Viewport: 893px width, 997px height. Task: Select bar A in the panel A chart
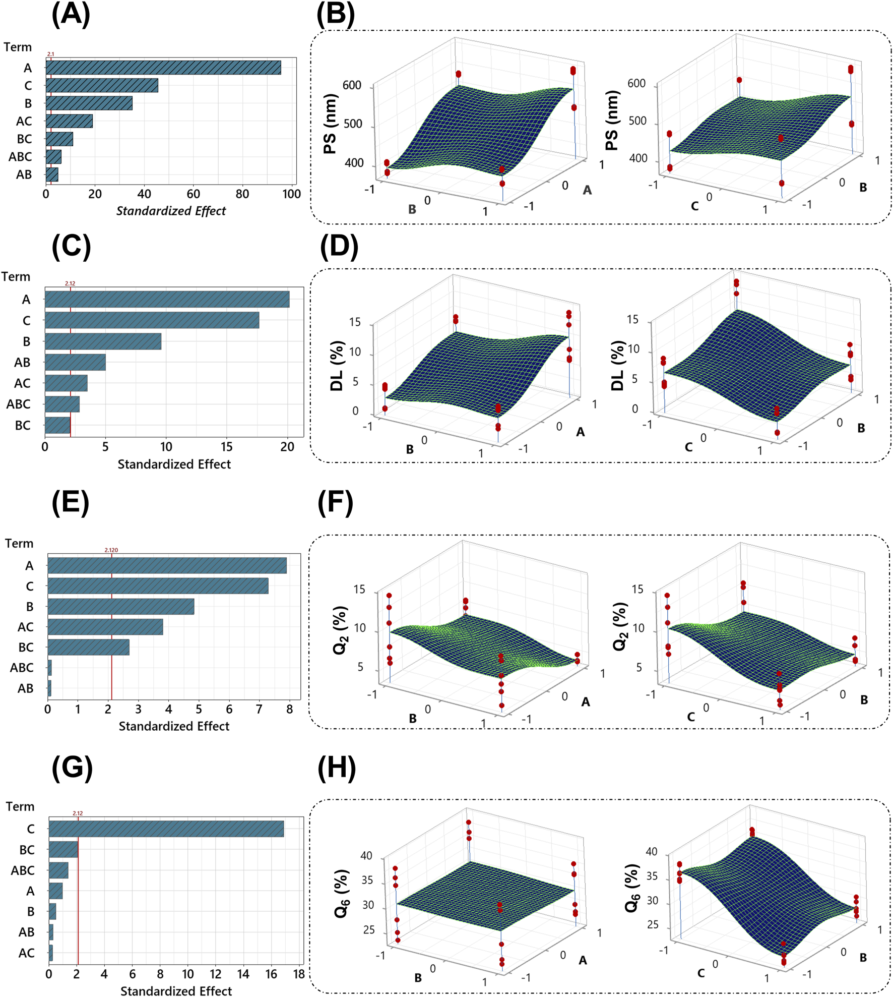(163, 68)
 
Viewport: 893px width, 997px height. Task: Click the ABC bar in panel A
(53, 157)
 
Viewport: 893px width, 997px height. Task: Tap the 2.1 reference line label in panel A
(50, 54)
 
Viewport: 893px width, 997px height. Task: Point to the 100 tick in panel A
(291, 194)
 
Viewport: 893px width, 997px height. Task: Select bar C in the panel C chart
(152, 320)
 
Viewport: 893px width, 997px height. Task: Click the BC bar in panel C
(57, 425)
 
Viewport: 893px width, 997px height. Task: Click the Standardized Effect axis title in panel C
(174, 464)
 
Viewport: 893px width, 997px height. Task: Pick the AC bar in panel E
(105, 627)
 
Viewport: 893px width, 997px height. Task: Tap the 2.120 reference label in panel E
(111, 550)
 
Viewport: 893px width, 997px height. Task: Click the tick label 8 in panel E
(289, 709)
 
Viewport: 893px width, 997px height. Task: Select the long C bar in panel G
(166, 829)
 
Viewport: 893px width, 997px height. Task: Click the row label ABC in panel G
(23, 870)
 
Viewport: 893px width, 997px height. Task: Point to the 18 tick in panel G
(299, 974)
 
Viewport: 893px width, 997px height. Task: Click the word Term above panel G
(20, 806)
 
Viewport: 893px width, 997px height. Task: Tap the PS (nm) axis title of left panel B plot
(330, 124)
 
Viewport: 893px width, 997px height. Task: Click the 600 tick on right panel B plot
(636, 83)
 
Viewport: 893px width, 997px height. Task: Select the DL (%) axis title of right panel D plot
(617, 366)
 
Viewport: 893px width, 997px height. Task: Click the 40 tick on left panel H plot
(366, 855)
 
